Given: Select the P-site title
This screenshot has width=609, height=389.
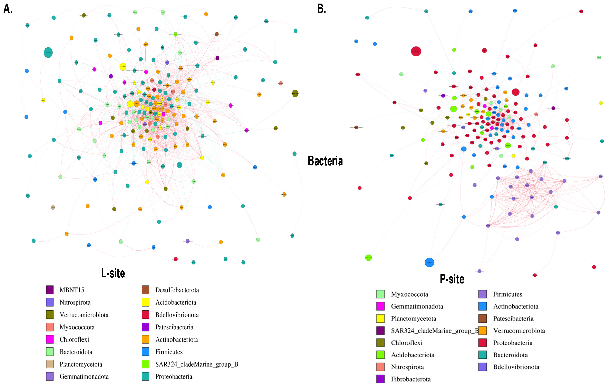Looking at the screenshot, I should coord(452,279).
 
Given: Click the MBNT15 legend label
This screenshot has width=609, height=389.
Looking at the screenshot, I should coord(72,290).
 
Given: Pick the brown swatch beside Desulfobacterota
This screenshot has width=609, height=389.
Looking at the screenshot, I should coord(145,290).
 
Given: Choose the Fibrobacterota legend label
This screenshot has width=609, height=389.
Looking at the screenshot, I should coord(411,379).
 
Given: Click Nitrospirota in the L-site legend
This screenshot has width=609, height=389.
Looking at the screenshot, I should coord(75,302).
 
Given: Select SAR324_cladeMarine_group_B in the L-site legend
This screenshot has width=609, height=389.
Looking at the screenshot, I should coord(197,364).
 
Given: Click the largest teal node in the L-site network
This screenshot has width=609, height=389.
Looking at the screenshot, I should coord(48,53).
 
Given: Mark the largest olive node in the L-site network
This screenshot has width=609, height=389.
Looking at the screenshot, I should coord(295,93).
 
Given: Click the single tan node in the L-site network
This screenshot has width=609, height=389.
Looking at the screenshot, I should coord(53,207).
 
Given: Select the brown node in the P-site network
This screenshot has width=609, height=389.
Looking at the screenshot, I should coord(356,127).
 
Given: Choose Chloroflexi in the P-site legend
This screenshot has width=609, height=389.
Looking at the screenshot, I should coord(407,343).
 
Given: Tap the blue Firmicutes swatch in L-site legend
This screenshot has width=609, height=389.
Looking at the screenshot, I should coord(145,352).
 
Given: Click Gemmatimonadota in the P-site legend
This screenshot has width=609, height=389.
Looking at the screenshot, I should coord(417,306).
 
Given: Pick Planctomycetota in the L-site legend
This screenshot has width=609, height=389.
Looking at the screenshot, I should coord(81,364).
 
